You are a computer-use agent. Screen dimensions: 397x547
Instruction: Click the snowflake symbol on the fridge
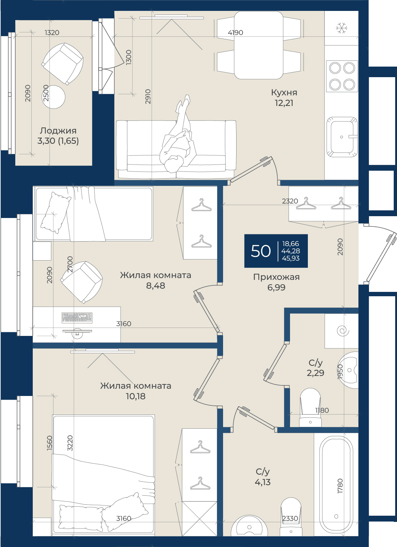(x=342, y=28)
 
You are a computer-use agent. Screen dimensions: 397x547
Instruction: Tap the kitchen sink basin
(x=342, y=137)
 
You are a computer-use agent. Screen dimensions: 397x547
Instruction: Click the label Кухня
(x=284, y=92)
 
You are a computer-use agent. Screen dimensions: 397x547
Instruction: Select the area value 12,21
(x=284, y=103)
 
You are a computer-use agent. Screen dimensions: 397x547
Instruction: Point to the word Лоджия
(x=58, y=131)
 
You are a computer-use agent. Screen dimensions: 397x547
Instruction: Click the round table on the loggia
(x=53, y=97)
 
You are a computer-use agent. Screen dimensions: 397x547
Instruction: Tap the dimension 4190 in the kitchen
(x=235, y=32)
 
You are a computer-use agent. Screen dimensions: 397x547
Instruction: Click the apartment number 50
(x=261, y=251)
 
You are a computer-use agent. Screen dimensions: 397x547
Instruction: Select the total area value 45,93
(x=290, y=258)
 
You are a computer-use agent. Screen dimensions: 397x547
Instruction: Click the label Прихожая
(x=276, y=277)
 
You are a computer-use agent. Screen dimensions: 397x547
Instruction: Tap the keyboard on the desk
(x=77, y=317)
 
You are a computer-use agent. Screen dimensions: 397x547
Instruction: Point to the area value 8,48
(x=155, y=285)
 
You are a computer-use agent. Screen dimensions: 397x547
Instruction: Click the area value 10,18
(x=135, y=396)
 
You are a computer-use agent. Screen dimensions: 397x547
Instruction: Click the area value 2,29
(x=315, y=373)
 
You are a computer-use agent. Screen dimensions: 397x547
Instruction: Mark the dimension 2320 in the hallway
(x=290, y=201)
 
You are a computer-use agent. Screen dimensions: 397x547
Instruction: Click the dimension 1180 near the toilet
(x=322, y=410)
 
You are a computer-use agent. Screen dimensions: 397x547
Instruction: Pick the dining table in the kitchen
(x=259, y=45)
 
